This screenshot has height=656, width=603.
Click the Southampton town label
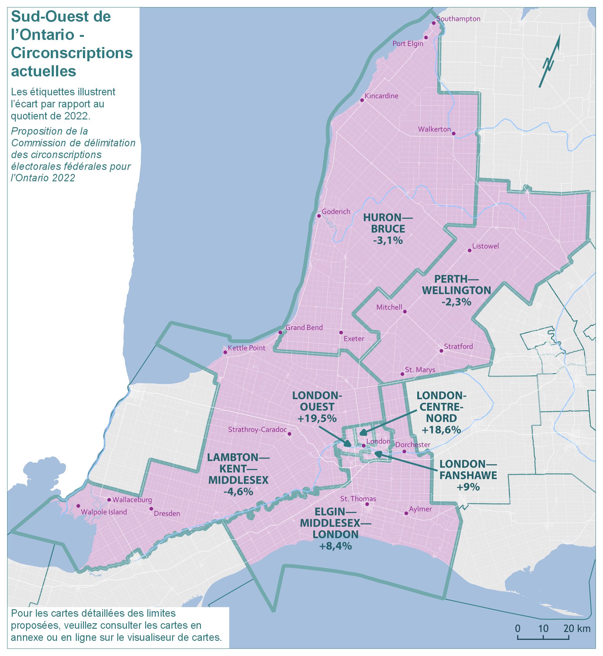point(458,19)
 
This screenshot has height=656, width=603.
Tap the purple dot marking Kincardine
point(362,100)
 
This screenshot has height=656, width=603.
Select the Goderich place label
point(336,212)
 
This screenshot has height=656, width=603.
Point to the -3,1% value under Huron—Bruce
point(388,240)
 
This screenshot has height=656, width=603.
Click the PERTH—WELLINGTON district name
point(456,284)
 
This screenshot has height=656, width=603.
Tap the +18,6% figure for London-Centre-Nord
point(441,429)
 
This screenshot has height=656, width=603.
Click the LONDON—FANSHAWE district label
point(468,469)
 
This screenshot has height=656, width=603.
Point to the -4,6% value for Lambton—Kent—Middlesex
point(238,491)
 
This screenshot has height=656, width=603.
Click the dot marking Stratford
point(441,351)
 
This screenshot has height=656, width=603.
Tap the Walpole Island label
point(104,512)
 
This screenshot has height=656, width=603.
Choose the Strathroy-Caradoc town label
point(258,429)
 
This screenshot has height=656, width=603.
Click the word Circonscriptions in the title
point(72,53)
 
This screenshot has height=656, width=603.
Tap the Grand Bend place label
point(304,327)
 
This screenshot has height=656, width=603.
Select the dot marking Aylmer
point(406,513)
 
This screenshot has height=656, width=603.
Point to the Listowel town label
point(486,246)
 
